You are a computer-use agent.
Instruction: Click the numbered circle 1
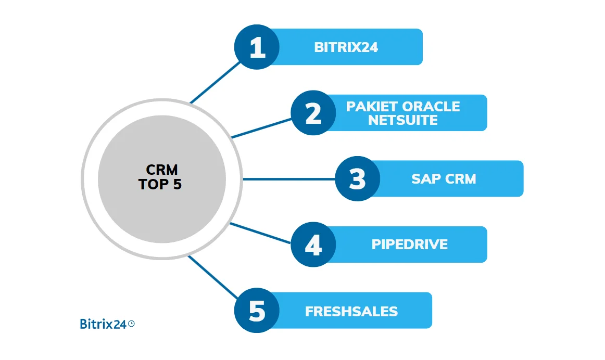257,47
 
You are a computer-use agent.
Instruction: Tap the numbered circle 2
313,113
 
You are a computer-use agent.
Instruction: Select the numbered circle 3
357,179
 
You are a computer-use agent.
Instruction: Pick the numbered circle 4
313,245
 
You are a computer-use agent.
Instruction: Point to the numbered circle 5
257,311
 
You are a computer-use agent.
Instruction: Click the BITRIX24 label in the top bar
346,47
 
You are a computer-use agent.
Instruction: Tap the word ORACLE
431,107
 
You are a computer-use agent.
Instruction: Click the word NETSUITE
402,120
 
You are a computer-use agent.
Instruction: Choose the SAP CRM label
444,179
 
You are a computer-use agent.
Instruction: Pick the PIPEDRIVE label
409,245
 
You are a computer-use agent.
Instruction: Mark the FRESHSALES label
351,311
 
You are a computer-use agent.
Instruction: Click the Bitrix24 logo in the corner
103,324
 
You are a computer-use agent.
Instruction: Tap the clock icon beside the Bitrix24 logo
131,323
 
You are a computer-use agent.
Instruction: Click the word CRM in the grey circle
162,170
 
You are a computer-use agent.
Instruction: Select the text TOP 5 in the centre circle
160,184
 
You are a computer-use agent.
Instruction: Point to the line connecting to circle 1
215,82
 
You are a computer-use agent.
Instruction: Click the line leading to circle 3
289,179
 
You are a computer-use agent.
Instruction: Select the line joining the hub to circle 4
260,233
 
